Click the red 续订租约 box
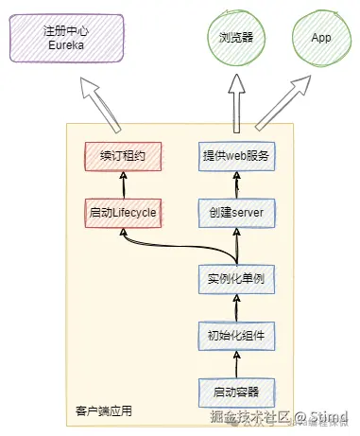point(123,155)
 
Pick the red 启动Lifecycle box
point(123,212)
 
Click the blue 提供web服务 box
point(235,155)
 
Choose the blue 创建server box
point(235,212)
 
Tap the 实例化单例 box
point(235,279)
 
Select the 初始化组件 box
point(235,334)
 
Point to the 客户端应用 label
point(103,411)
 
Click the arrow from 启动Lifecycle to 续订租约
point(123,183)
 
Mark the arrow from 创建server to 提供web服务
point(235,183)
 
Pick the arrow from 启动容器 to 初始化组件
point(235,362)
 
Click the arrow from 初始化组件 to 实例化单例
point(235,306)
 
